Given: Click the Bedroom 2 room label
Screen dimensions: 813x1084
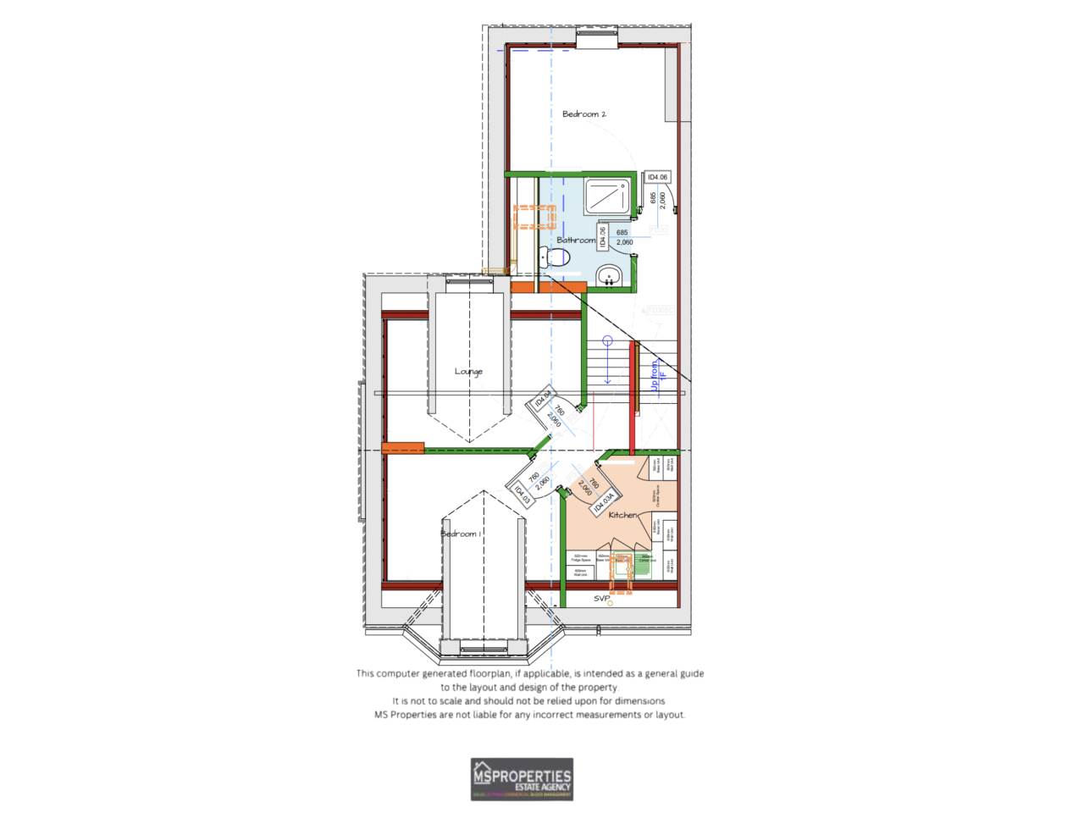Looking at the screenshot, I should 584,114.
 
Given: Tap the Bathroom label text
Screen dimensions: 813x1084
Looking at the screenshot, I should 576,241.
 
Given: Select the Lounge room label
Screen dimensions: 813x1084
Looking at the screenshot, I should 468,372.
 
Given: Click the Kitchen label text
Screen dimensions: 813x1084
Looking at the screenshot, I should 622,515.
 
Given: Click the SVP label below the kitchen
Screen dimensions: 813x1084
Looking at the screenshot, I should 601,599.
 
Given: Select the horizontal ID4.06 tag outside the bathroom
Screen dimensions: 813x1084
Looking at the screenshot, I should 658,177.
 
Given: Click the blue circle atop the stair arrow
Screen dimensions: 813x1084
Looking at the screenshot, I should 607,341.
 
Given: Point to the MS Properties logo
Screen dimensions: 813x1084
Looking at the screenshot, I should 522,779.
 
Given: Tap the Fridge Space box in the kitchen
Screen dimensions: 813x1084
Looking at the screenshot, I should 580,559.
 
